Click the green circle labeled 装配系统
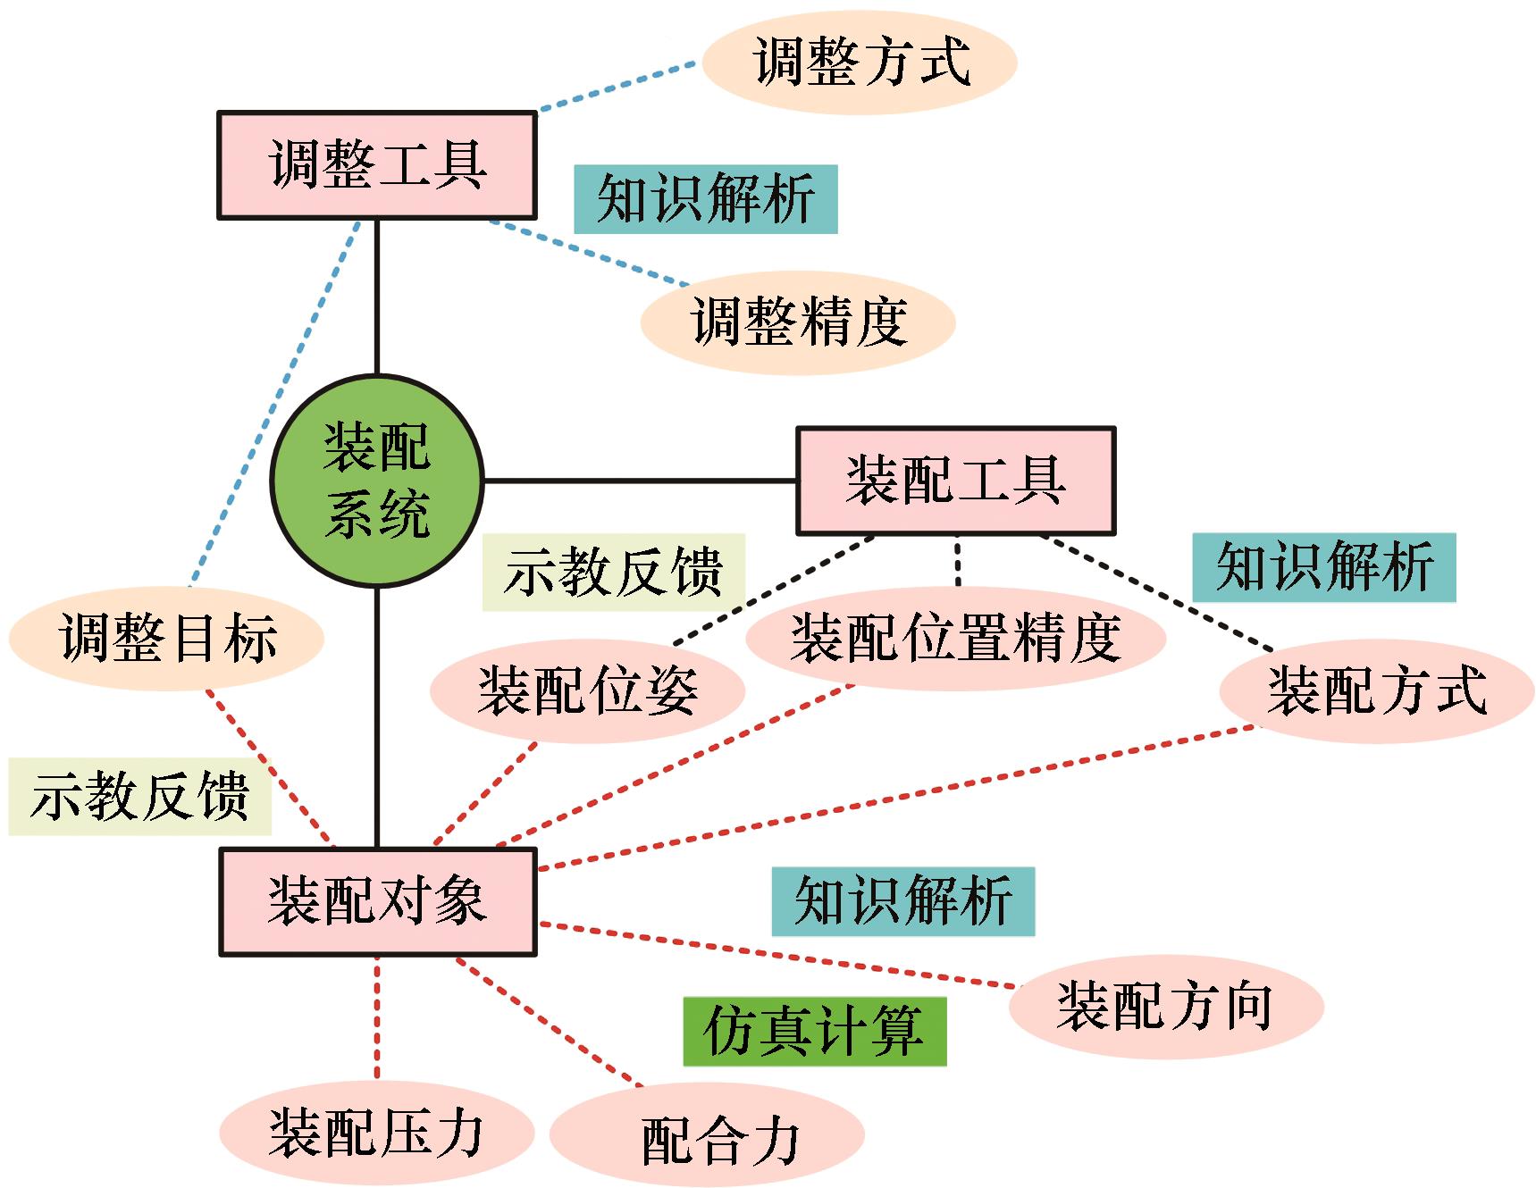point(376,481)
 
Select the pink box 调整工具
point(376,165)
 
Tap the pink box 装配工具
point(955,481)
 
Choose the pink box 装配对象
point(377,901)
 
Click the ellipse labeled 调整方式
point(860,62)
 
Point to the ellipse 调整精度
point(798,322)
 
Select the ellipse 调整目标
point(166,638)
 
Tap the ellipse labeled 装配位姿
point(587,690)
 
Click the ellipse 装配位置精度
point(955,638)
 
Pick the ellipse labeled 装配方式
point(1376,690)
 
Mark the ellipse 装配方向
point(1165,1007)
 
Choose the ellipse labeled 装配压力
point(376,1133)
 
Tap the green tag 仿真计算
point(814,1031)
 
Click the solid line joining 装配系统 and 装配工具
point(639,481)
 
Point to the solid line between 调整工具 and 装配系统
point(377,295)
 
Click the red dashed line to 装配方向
point(777,955)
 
